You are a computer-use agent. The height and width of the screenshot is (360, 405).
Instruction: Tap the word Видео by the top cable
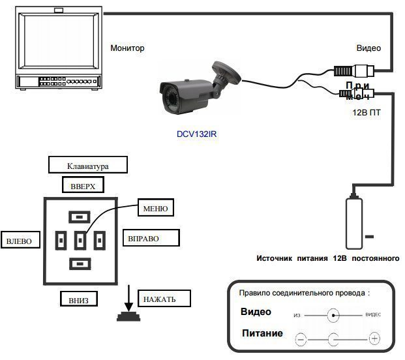(368, 48)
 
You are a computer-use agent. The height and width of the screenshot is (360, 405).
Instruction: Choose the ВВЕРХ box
(83, 186)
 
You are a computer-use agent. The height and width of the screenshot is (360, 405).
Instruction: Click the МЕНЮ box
(155, 209)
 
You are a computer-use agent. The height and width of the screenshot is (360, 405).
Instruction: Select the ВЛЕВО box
(18, 241)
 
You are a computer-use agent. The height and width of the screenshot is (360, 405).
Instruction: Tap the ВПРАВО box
(144, 238)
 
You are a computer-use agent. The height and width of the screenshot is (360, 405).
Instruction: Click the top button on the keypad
(80, 217)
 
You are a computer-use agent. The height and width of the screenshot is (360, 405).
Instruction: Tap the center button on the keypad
(80, 241)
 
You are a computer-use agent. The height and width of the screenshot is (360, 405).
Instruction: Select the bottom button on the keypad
(80, 264)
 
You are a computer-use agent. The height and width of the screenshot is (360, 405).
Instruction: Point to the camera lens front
(165, 95)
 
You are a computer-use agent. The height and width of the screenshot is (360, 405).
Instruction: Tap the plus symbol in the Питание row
(374, 338)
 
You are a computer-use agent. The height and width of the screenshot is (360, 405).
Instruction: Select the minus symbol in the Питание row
(301, 338)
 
